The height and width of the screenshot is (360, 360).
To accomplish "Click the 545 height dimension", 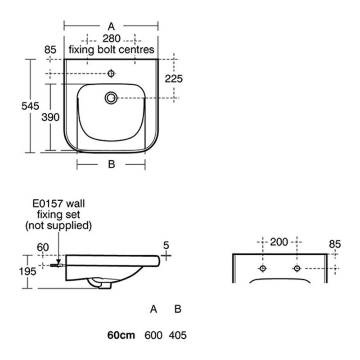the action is [x=30, y=106].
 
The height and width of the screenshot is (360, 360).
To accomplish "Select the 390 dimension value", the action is [x=50, y=117].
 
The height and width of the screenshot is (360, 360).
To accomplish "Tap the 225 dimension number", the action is [x=174, y=79].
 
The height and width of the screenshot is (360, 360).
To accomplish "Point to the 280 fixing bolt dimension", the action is [x=112, y=39].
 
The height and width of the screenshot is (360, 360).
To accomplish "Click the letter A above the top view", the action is [x=111, y=27].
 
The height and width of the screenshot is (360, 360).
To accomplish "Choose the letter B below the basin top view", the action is [x=111, y=164].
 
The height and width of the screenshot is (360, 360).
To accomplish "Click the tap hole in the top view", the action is [x=111, y=73].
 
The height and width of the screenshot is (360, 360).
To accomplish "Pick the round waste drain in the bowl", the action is [x=111, y=98].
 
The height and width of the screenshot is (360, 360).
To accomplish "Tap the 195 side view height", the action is [x=27, y=271].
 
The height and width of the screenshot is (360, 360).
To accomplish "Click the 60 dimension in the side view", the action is [x=43, y=247].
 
